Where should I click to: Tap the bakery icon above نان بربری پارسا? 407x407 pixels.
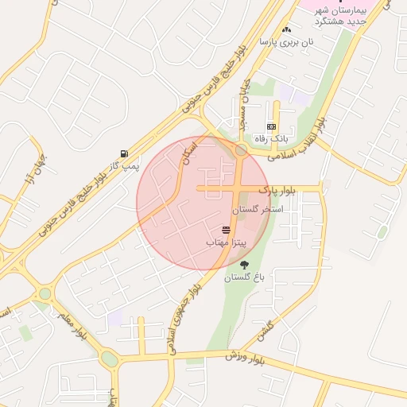(x=286, y=29)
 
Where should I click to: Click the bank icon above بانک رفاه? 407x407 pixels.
(x=272, y=126)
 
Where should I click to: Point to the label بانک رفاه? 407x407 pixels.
(x=270, y=138)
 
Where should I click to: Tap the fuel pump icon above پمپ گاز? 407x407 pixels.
(x=123, y=153)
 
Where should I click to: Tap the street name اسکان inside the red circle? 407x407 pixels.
(x=188, y=153)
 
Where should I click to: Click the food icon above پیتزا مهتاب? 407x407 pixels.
(x=227, y=229)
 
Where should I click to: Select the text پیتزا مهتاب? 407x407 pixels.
(x=227, y=241)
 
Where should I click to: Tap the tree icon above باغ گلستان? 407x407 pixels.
(x=243, y=265)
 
